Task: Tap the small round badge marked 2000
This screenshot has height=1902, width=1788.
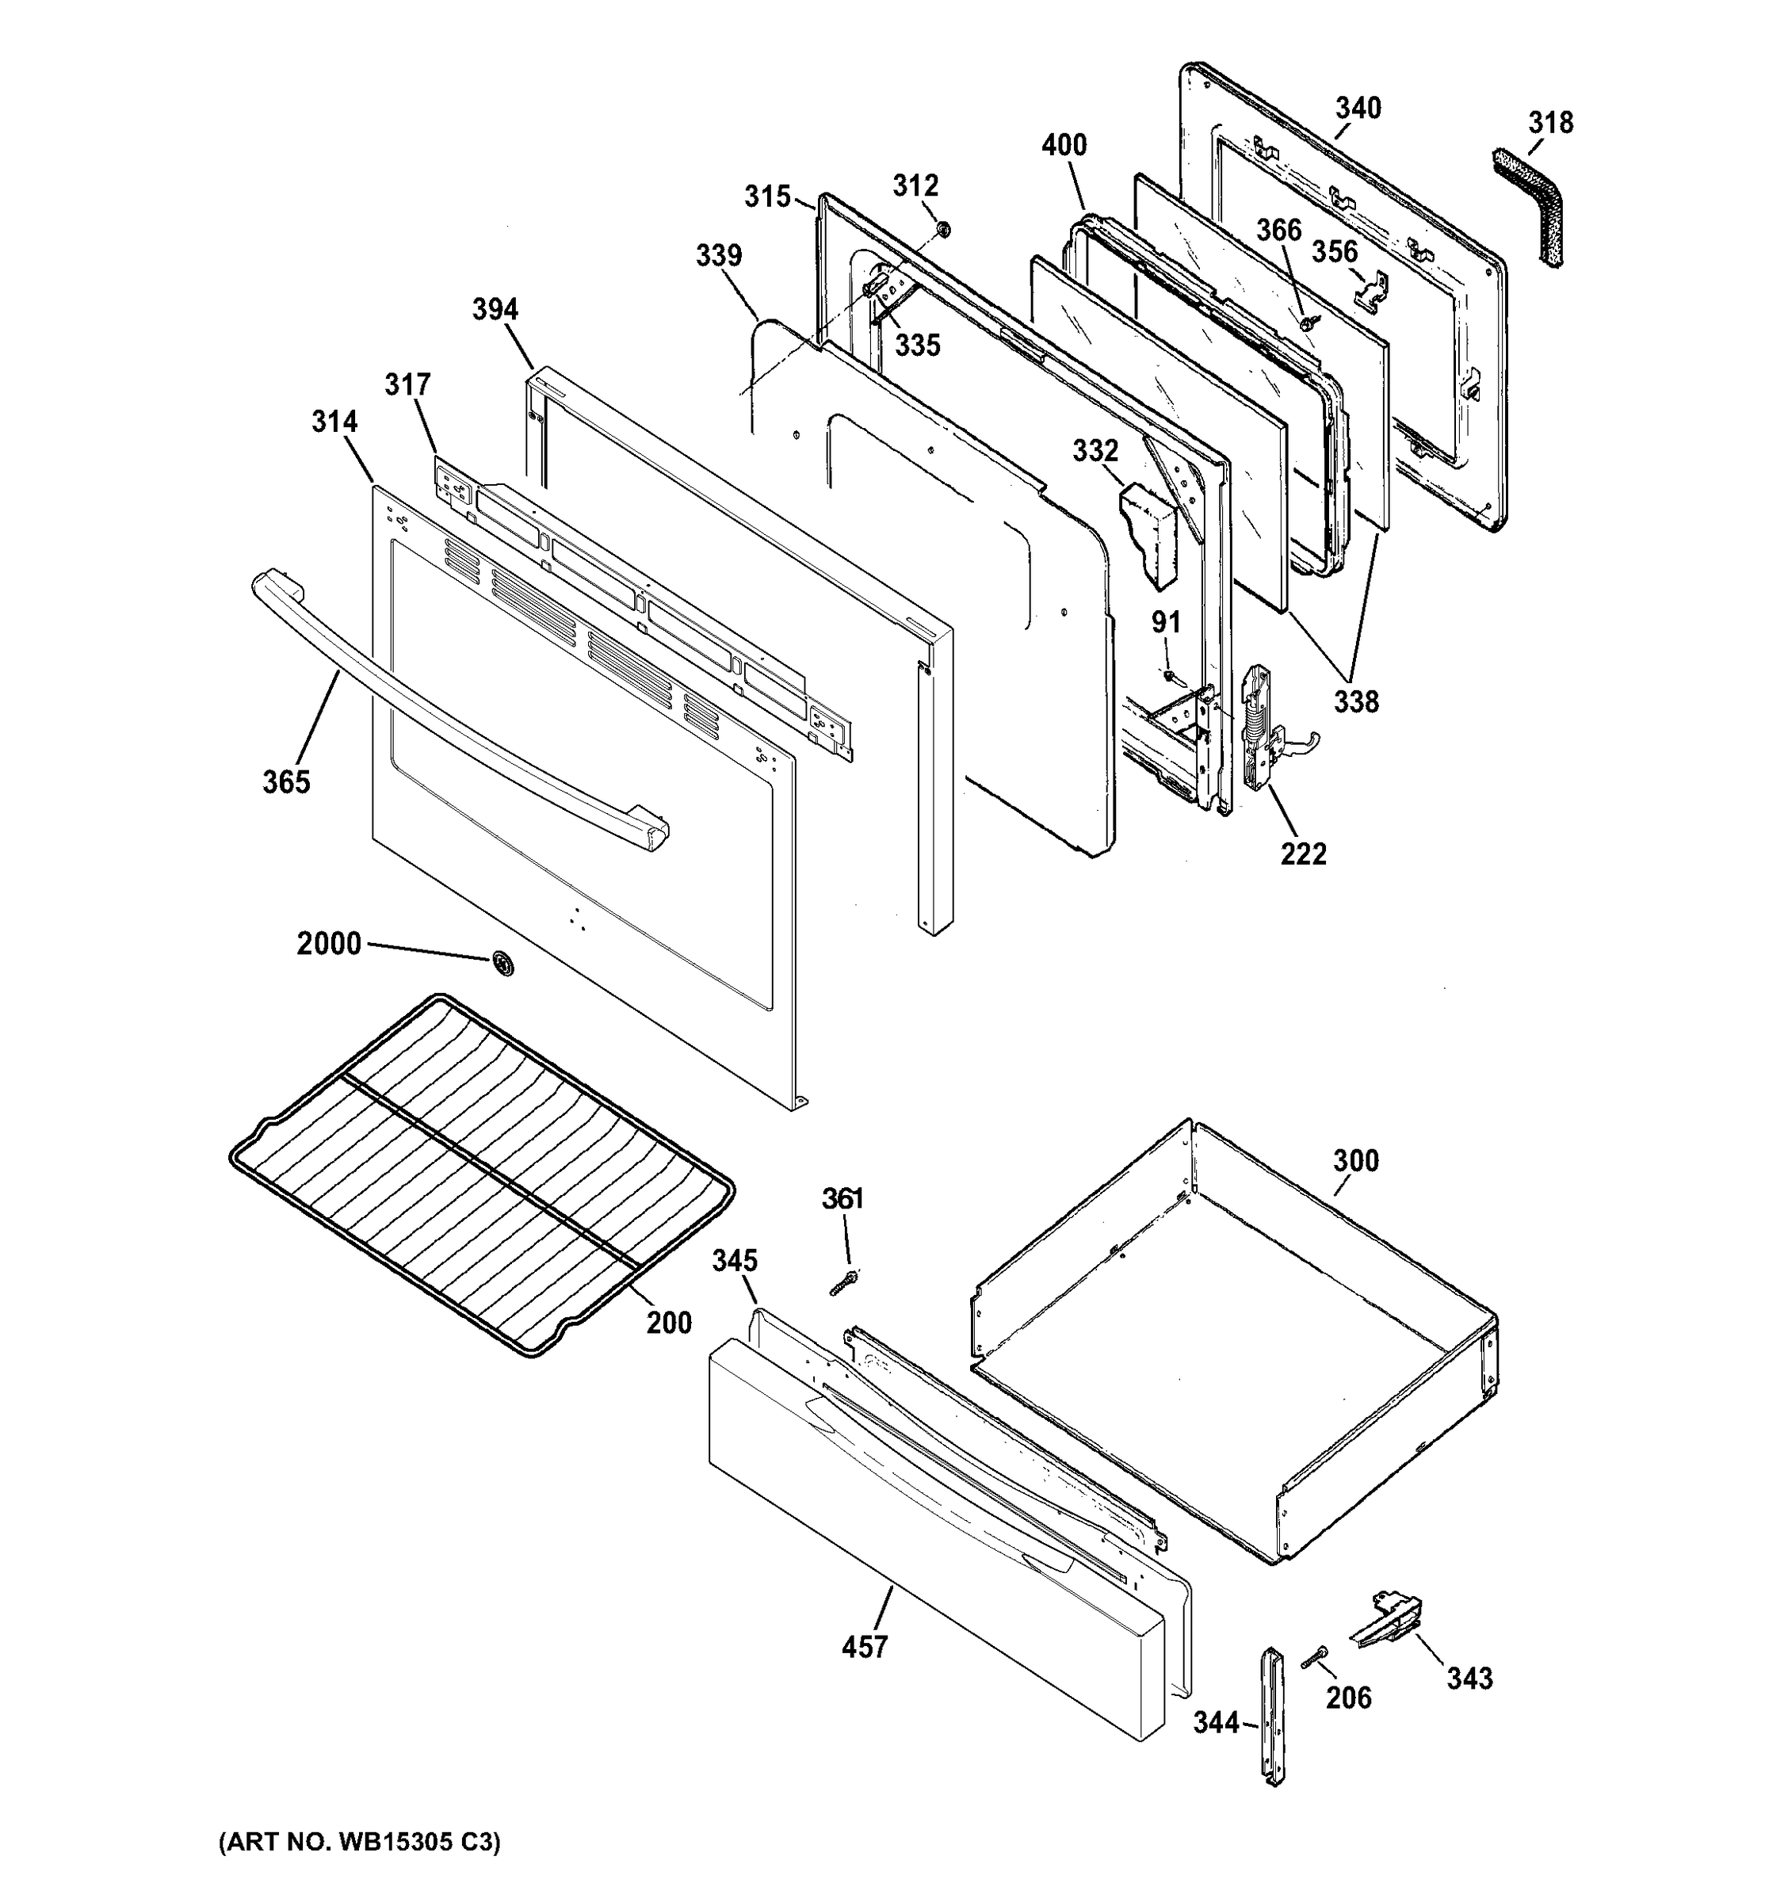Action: (500, 964)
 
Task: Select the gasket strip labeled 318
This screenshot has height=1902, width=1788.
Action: (1535, 206)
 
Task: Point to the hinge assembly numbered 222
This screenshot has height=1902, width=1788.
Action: (1259, 728)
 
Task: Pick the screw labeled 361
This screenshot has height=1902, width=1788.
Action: (841, 1284)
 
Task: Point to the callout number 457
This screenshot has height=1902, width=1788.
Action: (864, 1647)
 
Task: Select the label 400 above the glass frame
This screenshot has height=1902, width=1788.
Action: (1064, 146)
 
